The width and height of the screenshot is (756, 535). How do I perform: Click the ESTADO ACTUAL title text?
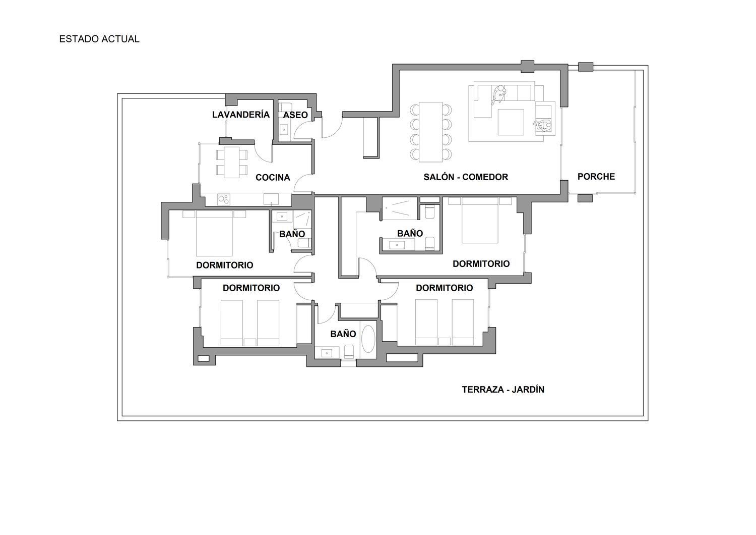(x=99, y=39)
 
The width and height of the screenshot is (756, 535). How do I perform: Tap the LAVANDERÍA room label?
(x=241, y=115)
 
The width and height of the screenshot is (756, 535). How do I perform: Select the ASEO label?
(x=295, y=115)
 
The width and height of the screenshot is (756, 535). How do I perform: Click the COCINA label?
(x=273, y=178)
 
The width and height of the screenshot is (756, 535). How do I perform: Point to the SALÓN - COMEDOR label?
(x=466, y=177)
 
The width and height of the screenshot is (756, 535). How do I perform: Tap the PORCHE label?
(x=596, y=177)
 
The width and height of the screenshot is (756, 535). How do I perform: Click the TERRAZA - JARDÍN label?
(x=503, y=390)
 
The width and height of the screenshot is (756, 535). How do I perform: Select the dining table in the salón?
(x=431, y=132)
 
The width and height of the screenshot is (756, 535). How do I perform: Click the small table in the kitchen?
(x=231, y=162)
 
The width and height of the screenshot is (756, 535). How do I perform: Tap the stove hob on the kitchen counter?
(x=223, y=199)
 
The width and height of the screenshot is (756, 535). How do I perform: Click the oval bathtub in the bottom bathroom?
(x=368, y=339)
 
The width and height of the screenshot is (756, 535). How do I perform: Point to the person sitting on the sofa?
(x=498, y=94)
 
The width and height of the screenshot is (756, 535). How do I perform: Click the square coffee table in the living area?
(x=511, y=122)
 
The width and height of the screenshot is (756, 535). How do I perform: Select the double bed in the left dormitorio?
(x=214, y=233)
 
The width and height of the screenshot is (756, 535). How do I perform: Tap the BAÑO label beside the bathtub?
(x=343, y=334)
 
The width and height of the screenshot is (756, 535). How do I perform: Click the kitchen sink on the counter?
(x=271, y=199)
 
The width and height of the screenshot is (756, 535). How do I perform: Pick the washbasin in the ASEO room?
(x=284, y=130)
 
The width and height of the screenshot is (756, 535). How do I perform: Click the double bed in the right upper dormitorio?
(x=480, y=221)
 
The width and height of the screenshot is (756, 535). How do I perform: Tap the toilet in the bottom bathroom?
(x=349, y=351)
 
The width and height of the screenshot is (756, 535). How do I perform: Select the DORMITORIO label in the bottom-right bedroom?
(x=444, y=288)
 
